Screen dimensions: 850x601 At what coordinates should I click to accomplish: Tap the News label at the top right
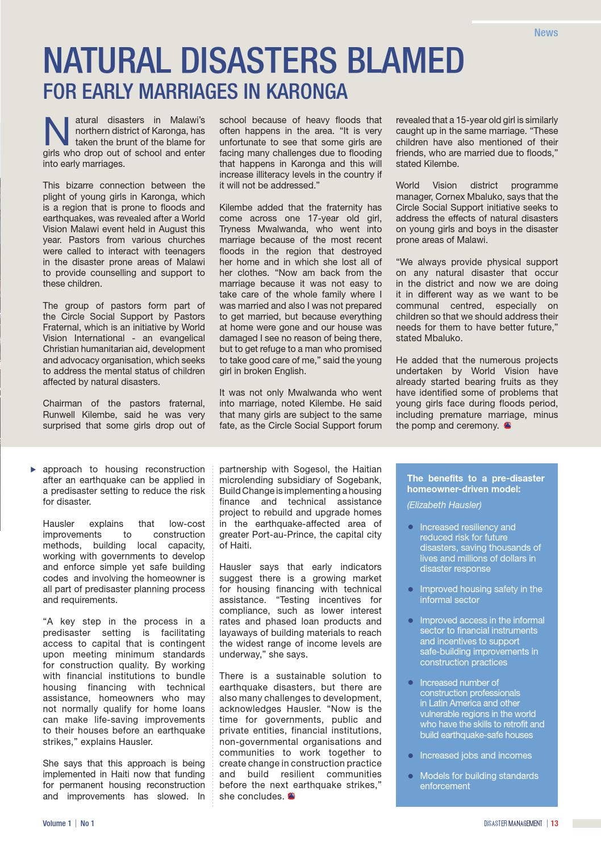545,32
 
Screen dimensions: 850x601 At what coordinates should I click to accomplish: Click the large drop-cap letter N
56,131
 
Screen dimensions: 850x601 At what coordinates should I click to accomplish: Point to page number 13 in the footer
554,823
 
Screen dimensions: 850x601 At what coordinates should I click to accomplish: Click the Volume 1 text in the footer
57,823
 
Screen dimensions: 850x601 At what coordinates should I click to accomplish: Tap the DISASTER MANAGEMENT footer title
513,823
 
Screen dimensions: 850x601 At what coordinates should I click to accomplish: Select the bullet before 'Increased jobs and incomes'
411,755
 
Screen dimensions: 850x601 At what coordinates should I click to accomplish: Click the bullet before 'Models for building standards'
411,776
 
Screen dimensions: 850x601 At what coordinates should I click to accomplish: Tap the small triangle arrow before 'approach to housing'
33,469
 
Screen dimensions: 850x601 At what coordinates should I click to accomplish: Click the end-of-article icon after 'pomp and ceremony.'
507,425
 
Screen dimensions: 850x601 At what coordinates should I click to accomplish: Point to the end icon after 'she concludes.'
291,796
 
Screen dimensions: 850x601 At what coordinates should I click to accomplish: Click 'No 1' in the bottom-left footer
87,823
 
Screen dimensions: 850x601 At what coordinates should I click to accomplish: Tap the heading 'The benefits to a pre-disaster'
475,478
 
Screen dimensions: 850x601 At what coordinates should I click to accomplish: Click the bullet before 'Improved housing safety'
411,589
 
